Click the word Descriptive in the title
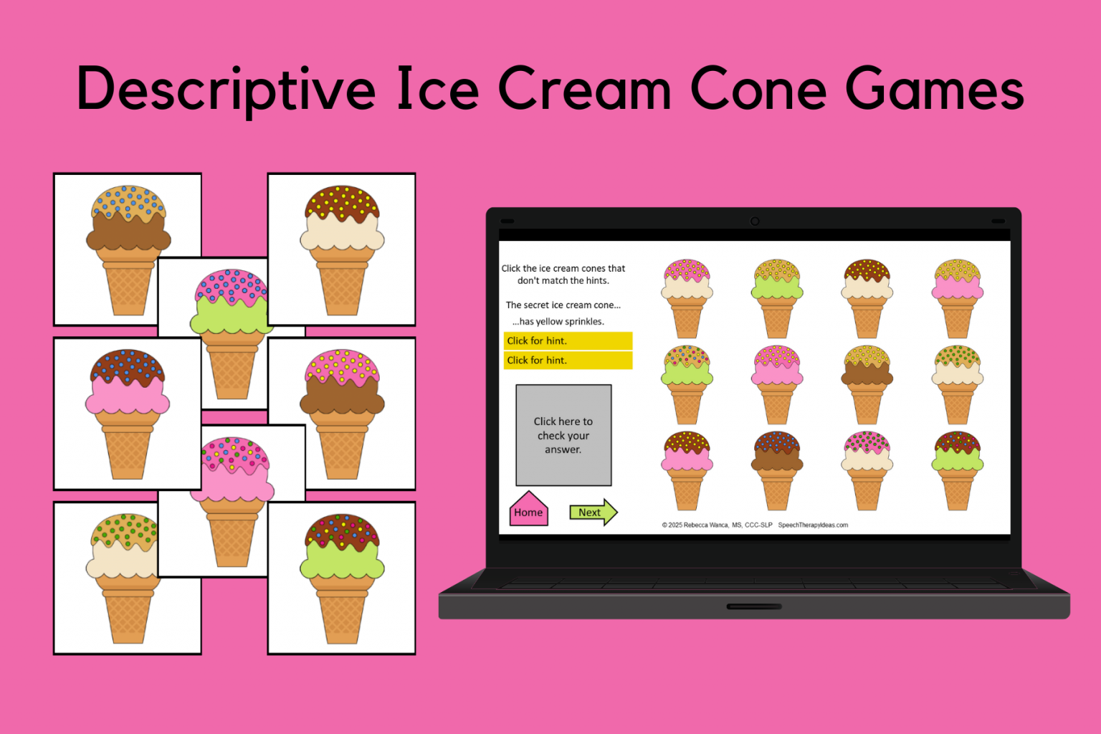point(226,90)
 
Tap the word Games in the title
point(934,90)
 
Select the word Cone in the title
point(758,90)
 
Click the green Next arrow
point(593,512)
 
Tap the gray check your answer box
point(563,435)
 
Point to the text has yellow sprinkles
point(558,322)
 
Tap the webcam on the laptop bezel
point(754,221)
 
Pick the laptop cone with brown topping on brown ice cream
point(777,470)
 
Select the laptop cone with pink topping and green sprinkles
point(867,470)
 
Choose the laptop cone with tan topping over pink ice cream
point(958,297)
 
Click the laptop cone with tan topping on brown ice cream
point(867,383)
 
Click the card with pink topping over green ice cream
point(229,333)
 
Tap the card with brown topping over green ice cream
point(342,577)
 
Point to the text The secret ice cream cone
point(563,305)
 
